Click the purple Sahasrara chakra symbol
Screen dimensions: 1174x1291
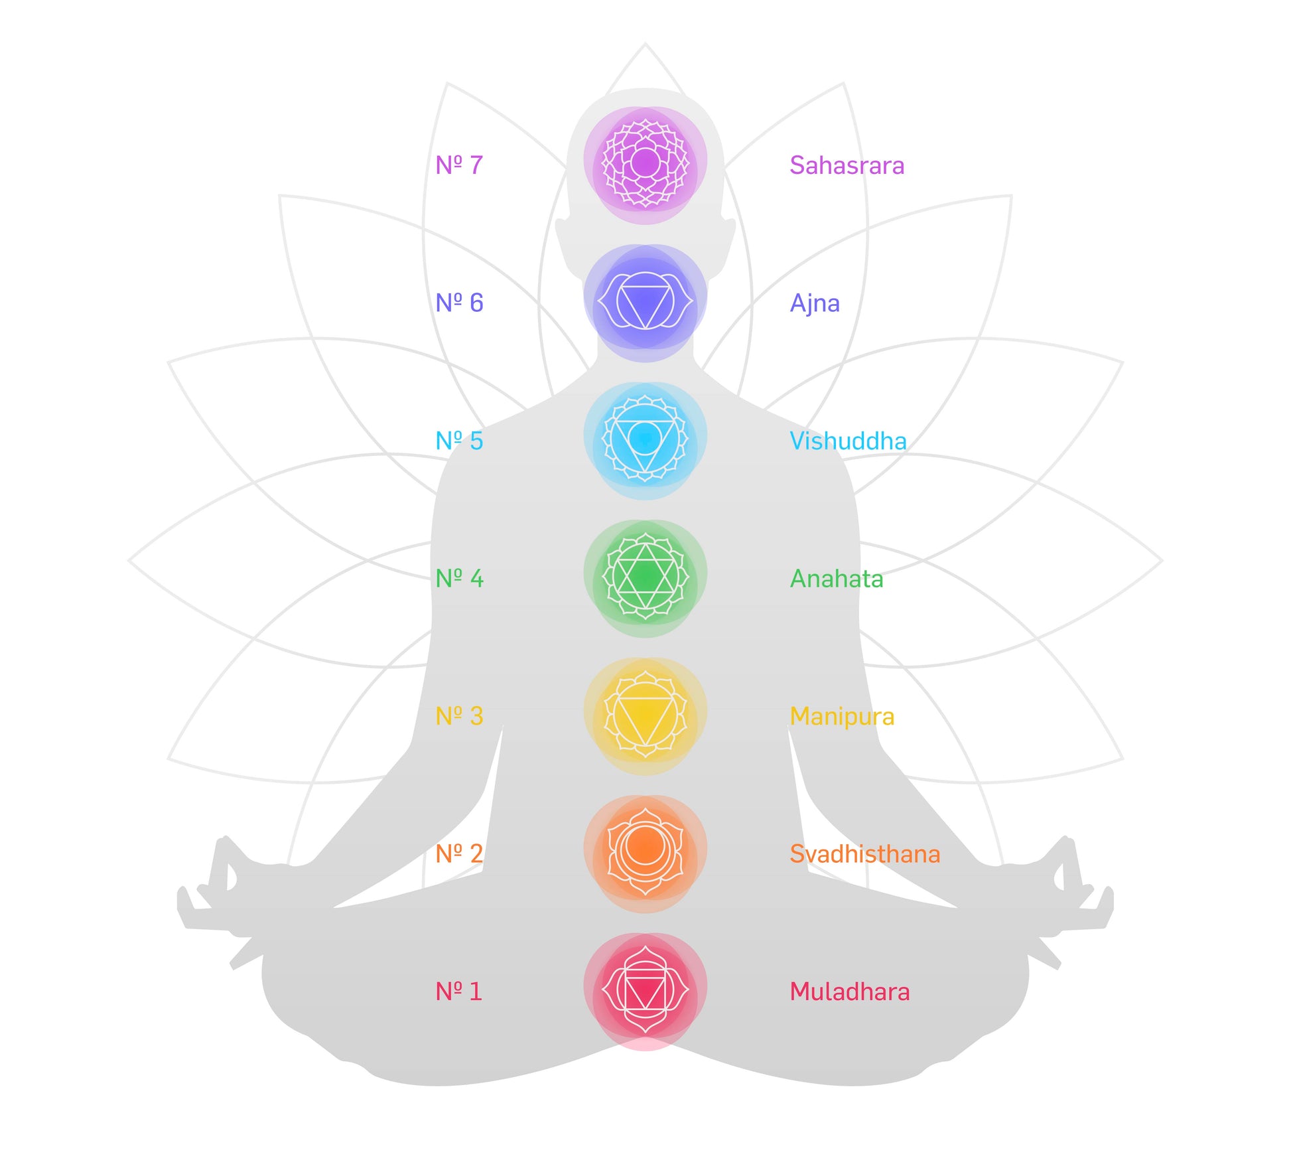pos(645,163)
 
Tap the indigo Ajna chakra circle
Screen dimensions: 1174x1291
pos(645,302)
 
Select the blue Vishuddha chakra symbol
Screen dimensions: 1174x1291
pos(645,439)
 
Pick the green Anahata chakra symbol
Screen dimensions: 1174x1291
pos(645,577)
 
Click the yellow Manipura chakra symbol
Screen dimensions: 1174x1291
pos(645,715)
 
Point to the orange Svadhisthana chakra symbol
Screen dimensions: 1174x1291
pos(645,853)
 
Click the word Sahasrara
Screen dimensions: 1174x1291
pos(847,165)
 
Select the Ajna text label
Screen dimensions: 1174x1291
pos(815,303)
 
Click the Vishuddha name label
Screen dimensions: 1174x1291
pos(848,441)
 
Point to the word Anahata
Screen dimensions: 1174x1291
pos(836,579)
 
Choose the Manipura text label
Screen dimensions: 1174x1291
pos(842,717)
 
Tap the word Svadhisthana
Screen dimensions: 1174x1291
pos(864,854)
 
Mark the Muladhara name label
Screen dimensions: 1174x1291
pos(849,991)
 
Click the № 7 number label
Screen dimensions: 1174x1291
pos(459,165)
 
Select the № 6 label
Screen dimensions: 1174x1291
pos(459,303)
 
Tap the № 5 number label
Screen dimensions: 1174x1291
pos(459,441)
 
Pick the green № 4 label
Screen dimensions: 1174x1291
pos(459,578)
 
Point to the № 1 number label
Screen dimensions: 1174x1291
pos(458,991)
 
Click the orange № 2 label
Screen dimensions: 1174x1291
pos(459,853)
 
